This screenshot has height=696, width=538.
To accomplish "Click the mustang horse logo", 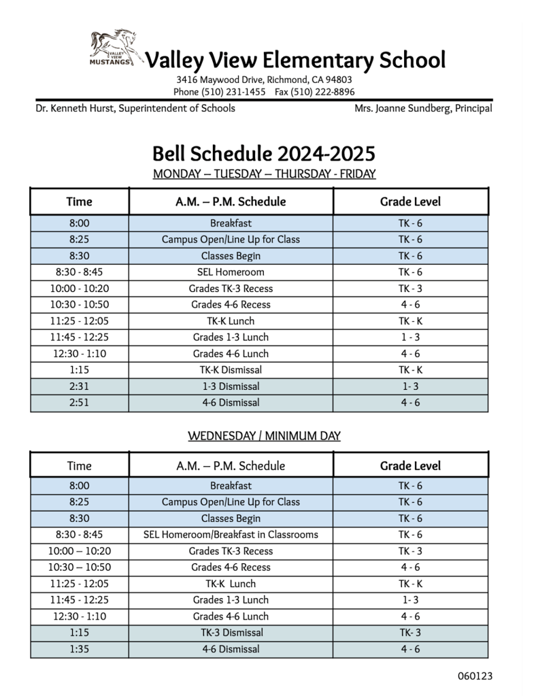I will pyautogui.click(x=116, y=48).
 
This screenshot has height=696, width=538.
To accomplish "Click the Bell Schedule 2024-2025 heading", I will pyautogui.click(x=264, y=152).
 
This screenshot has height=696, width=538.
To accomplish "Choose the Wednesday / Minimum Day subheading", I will pyautogui.click(x=264, y=435).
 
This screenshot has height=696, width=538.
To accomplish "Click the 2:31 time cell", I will pyautogui.click(x=79, y=386).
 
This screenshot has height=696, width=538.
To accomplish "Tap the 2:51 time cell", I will pyautogui.click(x=79, y=403).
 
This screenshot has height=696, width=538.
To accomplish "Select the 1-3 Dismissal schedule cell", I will pyautogui.click(x=231, y=386).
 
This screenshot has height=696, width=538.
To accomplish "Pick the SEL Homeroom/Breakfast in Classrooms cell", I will pyautogui.click(x=231, y=535).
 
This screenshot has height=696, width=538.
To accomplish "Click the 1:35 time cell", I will pyautogui.click(x=79, y=649).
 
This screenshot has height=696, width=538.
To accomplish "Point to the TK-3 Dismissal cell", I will pyautogui.click(x=231, y=633).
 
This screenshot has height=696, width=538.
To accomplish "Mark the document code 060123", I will pyautogui.click(x=475, y=676).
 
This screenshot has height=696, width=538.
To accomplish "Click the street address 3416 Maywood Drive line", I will pyautogui.click(x=264, y=80).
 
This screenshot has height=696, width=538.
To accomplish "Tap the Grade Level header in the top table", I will pyautogui.click(x=410, y=201).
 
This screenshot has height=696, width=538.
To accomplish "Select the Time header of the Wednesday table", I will pyautogui.click(x=79, y=466).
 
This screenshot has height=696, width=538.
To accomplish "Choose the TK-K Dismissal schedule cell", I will pyautogui.click(x=231, y=370).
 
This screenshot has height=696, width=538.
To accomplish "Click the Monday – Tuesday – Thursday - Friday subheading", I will pyautogui.click(x=264, y=173).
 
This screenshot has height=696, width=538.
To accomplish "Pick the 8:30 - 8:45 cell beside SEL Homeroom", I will pyautogui.click(x=79, y=272).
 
